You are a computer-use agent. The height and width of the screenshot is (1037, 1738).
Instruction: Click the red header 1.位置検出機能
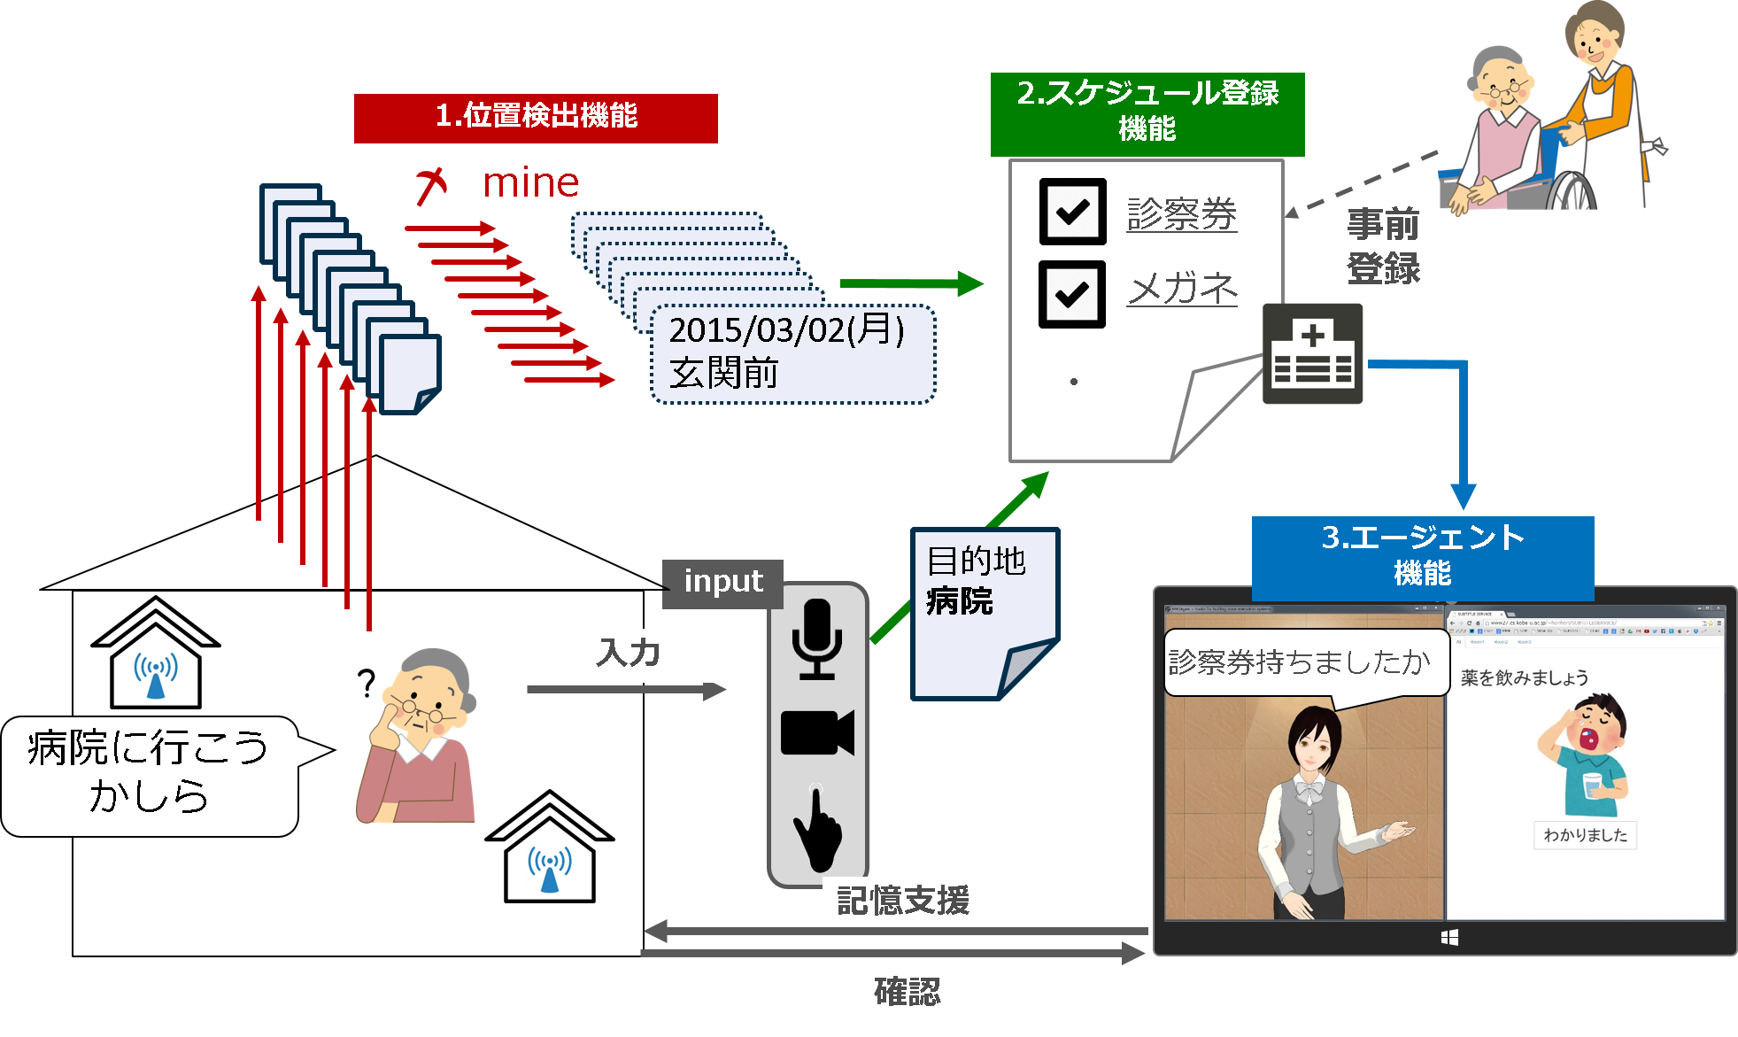[x=536, y=118]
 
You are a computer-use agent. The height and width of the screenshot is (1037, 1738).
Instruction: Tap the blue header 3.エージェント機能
[x=1422, y=556]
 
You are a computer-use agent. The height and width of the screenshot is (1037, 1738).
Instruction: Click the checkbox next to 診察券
[x=1072, y=211]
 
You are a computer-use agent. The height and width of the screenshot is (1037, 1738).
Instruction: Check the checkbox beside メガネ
[x=1072, y=293]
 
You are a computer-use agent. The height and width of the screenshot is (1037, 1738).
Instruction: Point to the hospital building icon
[x=1312, y=353]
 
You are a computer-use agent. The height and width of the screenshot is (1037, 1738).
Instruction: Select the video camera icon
[x=816, y=732]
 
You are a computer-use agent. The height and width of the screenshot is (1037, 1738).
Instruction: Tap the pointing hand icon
[x=817, y=828]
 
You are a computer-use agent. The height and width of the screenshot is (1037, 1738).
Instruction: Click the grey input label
[x=722, y=583]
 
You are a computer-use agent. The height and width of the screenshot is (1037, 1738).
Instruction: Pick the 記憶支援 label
[x=906, y=902]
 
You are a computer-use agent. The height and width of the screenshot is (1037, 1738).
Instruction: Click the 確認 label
[x=907, y=993]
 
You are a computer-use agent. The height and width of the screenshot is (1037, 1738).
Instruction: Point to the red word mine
[x=530, y=183]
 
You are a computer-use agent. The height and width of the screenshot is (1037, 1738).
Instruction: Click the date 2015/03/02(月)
[x=786, y=330]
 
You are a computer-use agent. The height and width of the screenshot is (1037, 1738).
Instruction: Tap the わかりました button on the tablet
[x=1585, y=835]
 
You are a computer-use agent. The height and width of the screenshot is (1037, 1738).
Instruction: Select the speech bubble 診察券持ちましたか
[x=1300, y=662]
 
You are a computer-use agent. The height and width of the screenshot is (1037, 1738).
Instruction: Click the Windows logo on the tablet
[x=1449, y=938]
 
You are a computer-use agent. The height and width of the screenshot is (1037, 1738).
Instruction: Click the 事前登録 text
[x=1383, y=246]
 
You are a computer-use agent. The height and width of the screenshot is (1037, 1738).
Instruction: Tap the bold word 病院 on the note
[x=960, y=601]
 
